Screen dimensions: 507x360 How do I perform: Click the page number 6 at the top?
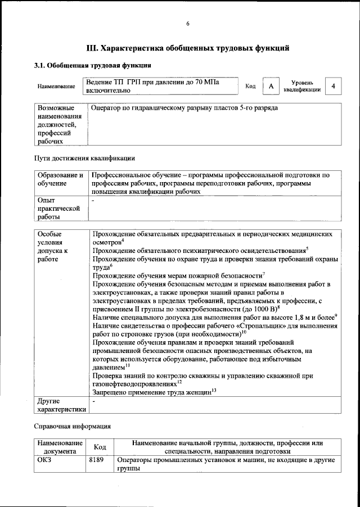188,23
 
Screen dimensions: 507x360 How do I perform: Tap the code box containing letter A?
271,86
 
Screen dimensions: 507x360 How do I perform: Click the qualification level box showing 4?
334,86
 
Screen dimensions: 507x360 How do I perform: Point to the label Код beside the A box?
251,86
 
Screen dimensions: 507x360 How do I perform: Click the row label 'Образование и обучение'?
60,179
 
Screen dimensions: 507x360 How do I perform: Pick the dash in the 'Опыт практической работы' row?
93,200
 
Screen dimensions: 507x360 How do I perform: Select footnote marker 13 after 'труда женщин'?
214,390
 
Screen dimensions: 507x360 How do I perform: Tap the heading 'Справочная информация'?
73,427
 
